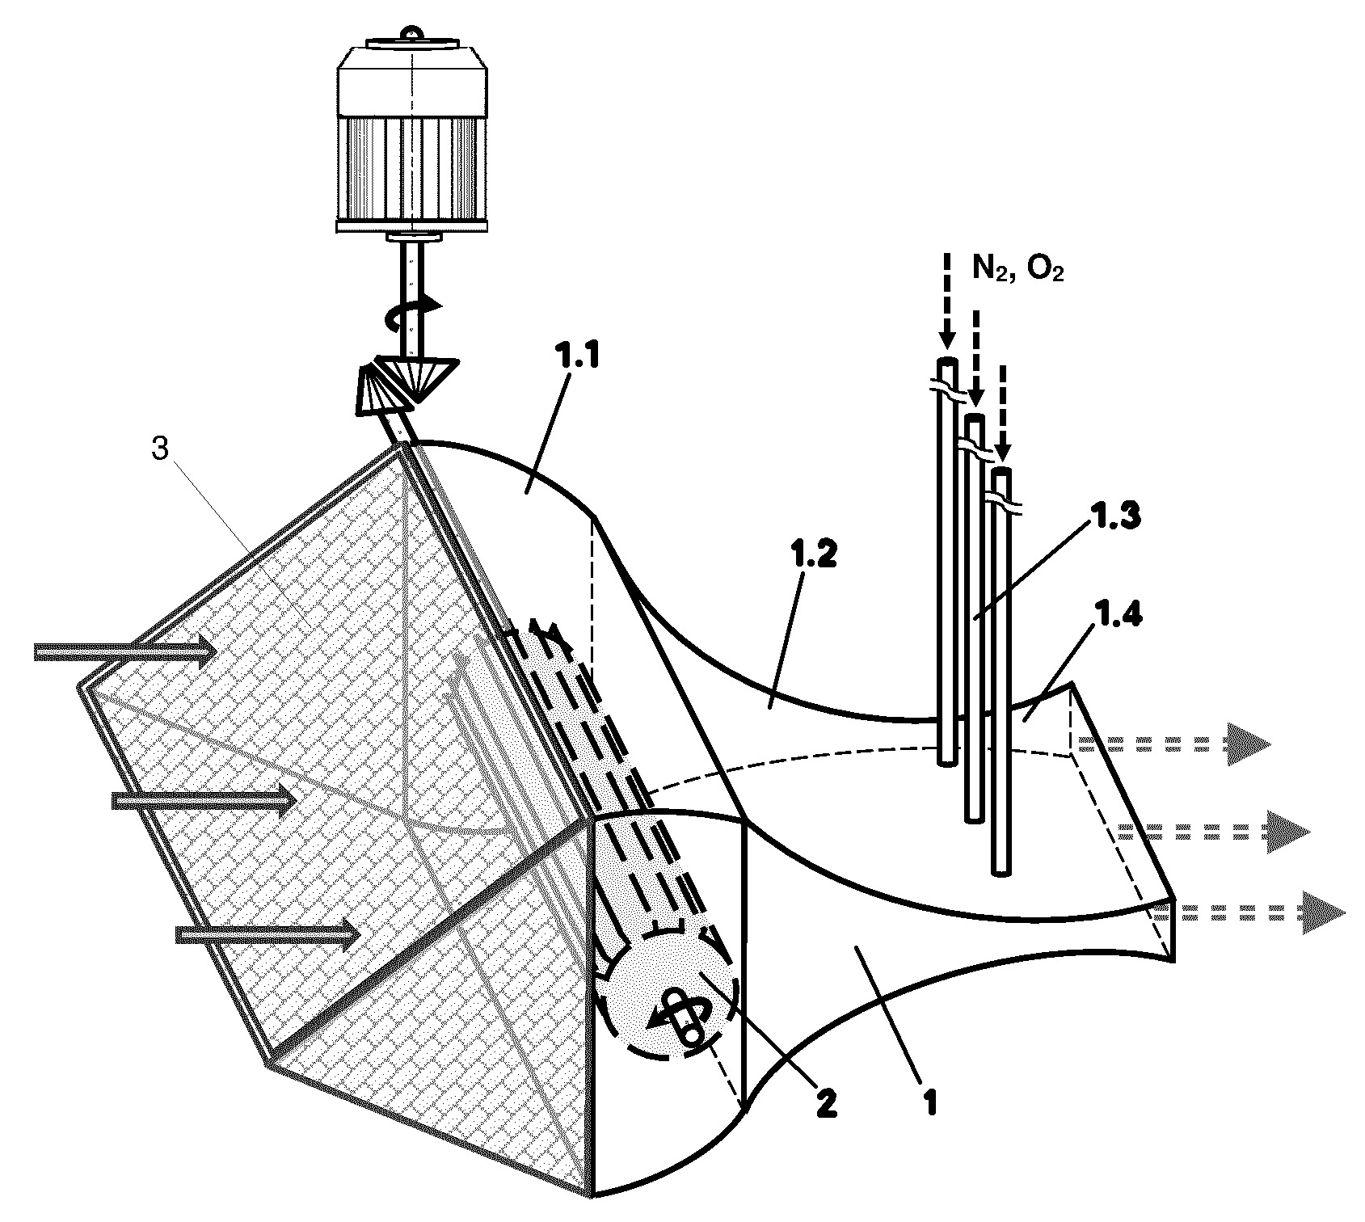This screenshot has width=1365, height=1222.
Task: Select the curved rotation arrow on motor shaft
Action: (x=412, y=312)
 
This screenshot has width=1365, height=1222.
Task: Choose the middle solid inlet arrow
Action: (x=204, y=800)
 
